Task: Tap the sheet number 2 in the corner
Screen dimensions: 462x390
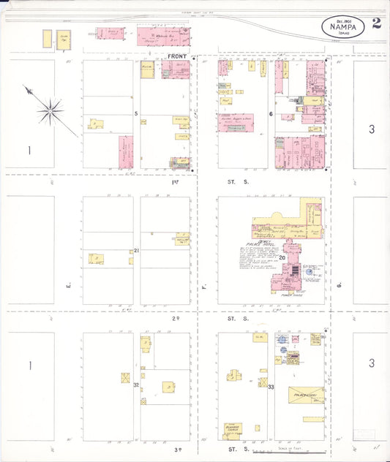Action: point(376,23)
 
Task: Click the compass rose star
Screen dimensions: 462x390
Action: point(50,111)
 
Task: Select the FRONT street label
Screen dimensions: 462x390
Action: point(178,56)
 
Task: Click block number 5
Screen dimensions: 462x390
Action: point(136,113)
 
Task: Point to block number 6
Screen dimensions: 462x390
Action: point(271,114)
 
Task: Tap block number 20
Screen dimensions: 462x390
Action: point(261,257)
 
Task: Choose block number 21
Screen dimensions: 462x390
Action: point(136,251)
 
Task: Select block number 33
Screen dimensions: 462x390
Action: point(271,385)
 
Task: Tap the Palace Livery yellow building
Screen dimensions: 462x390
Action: point(306,395)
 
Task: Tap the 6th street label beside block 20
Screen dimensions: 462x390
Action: point(340,284)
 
